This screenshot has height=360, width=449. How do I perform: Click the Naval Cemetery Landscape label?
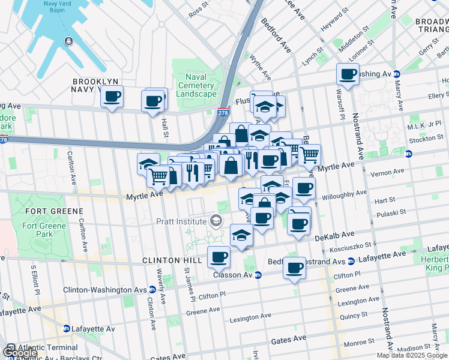[x=196, y=85]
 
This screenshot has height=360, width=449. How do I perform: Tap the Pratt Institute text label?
[x=182, y=221]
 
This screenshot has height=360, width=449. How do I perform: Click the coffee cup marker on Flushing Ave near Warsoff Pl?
[x=348, y=75]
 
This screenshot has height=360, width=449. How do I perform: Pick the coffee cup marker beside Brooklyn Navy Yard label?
[x=112, y=97]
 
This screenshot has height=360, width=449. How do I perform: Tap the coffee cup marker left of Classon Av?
[x=219, y=257]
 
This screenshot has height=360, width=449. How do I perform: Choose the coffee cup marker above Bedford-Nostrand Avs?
[x=295, y=268]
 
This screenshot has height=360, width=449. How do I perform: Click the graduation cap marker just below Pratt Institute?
[x=241, y=235]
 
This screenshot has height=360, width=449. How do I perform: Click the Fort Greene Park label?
[x=40, y=230]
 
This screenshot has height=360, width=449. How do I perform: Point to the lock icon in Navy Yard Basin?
[x=68, y=41]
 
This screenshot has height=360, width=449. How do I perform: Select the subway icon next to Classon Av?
[x=258, y=275]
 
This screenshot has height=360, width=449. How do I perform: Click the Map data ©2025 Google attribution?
[x=412, y=355]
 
